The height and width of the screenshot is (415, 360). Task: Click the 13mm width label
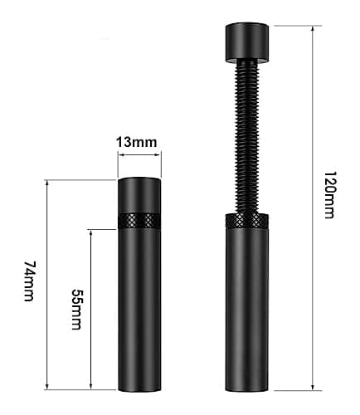139,142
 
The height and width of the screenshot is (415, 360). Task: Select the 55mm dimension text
77,309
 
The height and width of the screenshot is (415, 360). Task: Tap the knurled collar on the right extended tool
246,222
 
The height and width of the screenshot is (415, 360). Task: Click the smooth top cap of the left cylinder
139,194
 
